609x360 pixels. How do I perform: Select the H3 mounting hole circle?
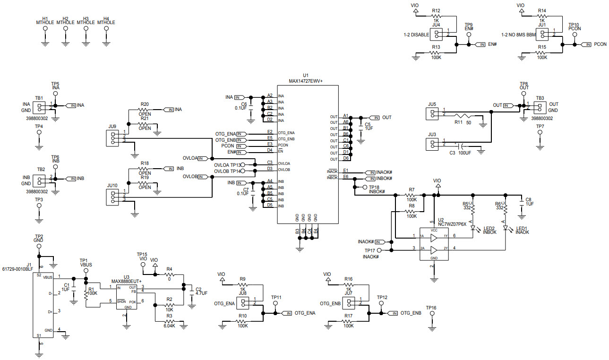(86, 28)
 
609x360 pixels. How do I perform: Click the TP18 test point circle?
(365, 188)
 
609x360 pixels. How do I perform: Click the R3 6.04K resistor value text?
(169, 326)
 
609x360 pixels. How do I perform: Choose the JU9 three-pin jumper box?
(112, 137)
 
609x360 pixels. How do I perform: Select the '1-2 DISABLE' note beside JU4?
(416, 34)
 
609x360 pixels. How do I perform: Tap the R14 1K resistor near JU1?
(542, 16)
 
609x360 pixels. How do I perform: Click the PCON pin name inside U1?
(283, 145)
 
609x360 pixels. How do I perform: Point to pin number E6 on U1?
(346, 176)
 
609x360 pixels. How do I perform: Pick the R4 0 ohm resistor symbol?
(169, 274)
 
